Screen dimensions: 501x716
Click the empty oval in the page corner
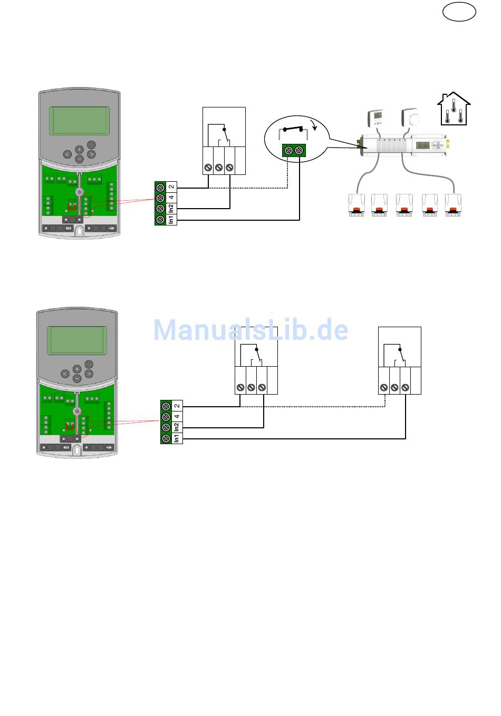coord(459,12)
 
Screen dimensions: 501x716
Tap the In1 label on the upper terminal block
coord(171,220)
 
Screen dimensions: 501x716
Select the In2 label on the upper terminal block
coord(171,209)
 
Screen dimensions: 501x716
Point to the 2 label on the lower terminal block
coord(177,406)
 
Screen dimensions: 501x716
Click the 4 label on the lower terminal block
coord(177,416)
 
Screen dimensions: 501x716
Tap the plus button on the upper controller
coord(79,149)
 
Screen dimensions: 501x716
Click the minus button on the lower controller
coord(77,378)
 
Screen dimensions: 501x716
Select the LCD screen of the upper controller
coord(79,121)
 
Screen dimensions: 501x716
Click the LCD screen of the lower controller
coord(77,340)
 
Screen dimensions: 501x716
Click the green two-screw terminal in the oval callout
coord(294,150)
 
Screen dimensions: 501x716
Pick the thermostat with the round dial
coord(411,117)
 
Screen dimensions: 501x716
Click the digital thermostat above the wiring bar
coord(377,118)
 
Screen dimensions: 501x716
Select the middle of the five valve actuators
coord(404,205)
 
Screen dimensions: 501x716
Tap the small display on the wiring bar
coord(422,145)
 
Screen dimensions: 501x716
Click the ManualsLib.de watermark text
coord(251,330)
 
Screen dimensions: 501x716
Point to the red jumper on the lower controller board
coord(70,426)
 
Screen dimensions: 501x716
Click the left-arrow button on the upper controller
coord(67,154)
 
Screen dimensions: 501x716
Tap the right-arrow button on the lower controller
coord(89,374)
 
